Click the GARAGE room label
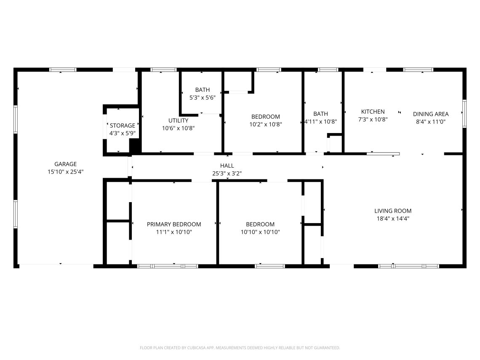pyautogui.click(x=66, y=164)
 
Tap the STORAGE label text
pyautogui.click(x=123, y=125)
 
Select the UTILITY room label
pyautogui.click(x=178, y=120)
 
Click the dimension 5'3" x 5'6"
pyautogui.click(x=203, y=98)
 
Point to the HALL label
pyautogui.click(x=227, y=165)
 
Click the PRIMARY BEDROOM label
pyautogui.click(x=174, y=224)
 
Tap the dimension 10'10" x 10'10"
pyautogui.click(x=260, y=232)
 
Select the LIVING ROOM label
pyautogui.click(x=393, y=211)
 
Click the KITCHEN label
pyautogui.click(x=373, y=112)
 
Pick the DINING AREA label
pyautogui.click(x=431, y=114)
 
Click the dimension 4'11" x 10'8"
pyautogui.click(x=320, y=122)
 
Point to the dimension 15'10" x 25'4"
pyautogui.click(x=66, y=172)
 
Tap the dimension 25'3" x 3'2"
pyautogui.click(x=227, y=173)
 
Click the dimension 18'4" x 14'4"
pyautogui.click(x=393, y=219)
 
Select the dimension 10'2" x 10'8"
pyautogui.click(x=265, y=124)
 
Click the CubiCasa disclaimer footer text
pyautogui.click(x=240, y=348)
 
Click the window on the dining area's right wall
pyautogui.click(x=464, y=114)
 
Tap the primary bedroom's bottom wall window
pyautogui.click(x=168, y=267)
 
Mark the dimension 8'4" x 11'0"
pyautogui.click(x=431, y=122)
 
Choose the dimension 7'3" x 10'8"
pyautogui.click(x=373, y=120)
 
